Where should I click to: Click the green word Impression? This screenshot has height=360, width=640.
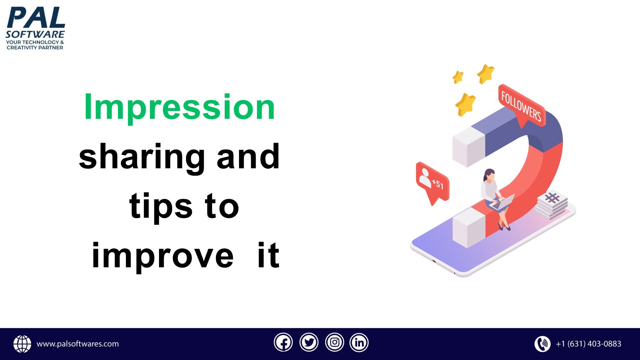click(179, 107)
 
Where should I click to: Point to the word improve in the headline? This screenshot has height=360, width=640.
click(163, 256)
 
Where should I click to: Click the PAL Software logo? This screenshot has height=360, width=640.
click(35, 28)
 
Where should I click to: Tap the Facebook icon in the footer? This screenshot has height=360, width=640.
click(283, 343)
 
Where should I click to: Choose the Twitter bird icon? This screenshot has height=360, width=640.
click(309, 343)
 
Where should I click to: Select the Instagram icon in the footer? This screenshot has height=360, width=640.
click(334, 343)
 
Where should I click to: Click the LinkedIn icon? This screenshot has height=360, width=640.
click(359, 343)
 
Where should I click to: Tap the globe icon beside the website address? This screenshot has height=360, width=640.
click(22, 344)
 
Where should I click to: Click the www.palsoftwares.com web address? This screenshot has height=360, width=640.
click(78, 344)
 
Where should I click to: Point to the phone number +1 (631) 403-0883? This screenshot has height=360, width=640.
click(589, 344)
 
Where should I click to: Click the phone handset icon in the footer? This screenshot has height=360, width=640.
click(543, 344)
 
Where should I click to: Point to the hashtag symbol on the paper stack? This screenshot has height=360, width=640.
click(552, 198)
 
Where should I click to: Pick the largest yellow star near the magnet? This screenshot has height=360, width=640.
click(465, 104)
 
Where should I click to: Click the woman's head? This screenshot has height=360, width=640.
click(489, 175)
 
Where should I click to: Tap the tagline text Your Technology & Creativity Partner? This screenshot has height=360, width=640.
click(35, 45)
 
